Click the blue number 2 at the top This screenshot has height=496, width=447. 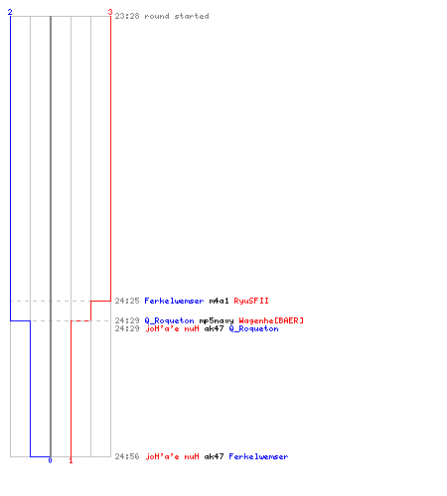tap(10, 12)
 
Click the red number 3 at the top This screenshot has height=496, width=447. tap(110, 12)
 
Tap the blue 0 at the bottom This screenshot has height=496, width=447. tap(50, 460)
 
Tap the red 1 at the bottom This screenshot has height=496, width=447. tap(71, 460)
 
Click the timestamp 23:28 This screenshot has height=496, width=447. tap(127, 16)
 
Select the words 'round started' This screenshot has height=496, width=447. tap(177, 16)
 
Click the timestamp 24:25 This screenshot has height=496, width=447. tap(127, 301)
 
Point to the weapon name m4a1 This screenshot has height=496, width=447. tap(219, 301)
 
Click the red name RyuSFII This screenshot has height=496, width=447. tap(251, 301)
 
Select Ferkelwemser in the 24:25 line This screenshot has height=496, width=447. tap(174, 301)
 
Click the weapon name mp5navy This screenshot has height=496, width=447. tap(217, 320)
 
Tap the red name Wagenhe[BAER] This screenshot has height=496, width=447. tap(271, 320)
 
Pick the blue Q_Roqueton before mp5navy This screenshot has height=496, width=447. tap(169, 320)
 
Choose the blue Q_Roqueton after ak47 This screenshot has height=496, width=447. tap(253, 328)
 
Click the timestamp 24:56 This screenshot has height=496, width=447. tap(127, 456)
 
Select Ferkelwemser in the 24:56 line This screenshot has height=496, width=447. tap(258, 456)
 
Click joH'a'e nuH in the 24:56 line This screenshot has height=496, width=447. tap(172, 456)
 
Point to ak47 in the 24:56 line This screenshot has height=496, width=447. tap(214, 456)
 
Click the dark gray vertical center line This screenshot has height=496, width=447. tap(51, 236)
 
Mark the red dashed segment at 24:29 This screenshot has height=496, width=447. tap(80, 320)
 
